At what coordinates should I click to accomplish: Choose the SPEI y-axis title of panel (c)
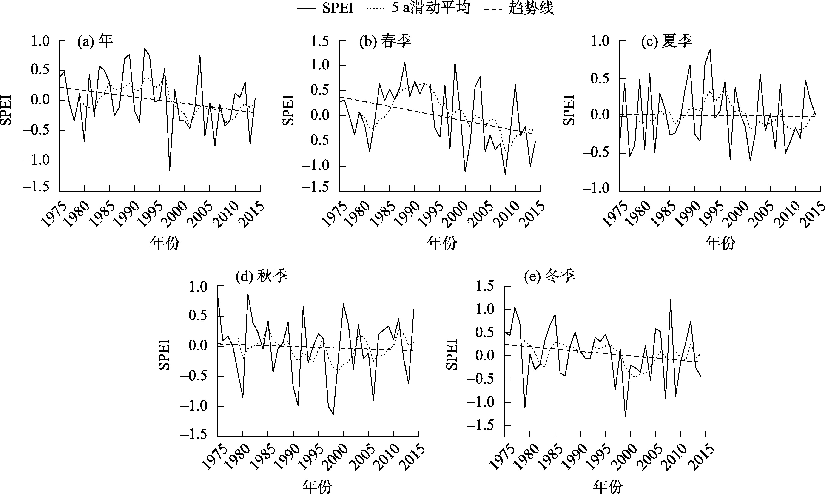tap(569, 110)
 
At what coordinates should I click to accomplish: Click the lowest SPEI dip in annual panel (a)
tap(170, 170)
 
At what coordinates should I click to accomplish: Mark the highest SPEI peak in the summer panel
tap(710, 50)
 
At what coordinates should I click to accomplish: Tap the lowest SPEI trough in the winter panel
tap(625, 417)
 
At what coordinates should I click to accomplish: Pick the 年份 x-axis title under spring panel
tap(442, 243)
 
